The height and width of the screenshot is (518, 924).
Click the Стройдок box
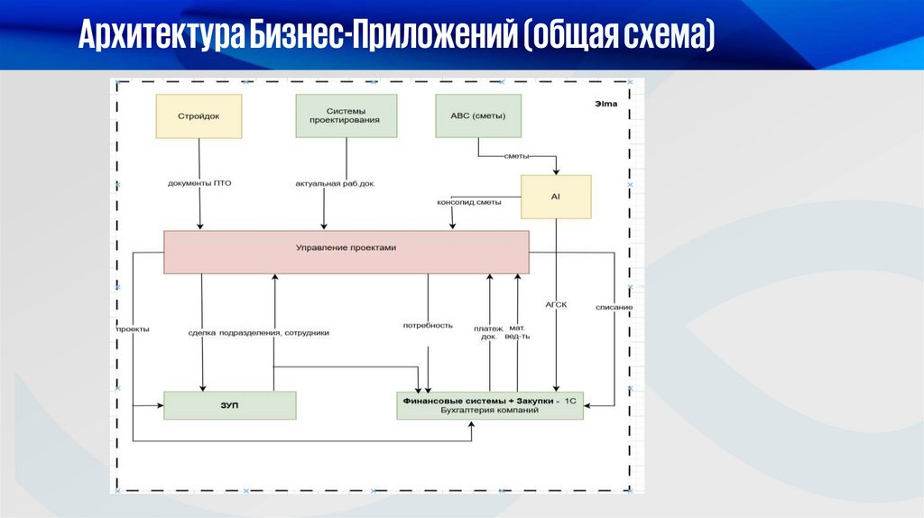[199, 116]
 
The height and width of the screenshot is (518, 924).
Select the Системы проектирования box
[346, 116]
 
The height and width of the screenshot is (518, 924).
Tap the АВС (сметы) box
[478, 116]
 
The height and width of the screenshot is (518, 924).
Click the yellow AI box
[556, 197]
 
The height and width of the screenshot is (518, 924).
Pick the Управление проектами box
[346, 252]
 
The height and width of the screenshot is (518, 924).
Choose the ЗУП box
[229, 405]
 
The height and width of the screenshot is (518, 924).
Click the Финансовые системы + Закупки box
[490, 405]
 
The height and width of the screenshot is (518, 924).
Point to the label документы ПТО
[199, 183]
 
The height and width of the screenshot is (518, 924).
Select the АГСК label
[556, 304]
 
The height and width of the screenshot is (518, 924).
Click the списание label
[614, 308]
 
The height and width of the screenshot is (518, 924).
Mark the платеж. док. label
[489, 332]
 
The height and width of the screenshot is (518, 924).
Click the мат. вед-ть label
[519, 332]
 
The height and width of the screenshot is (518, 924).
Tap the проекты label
[133, 329]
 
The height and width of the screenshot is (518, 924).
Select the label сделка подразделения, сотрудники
[259, 332]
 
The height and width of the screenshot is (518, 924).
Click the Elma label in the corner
[606, 104]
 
